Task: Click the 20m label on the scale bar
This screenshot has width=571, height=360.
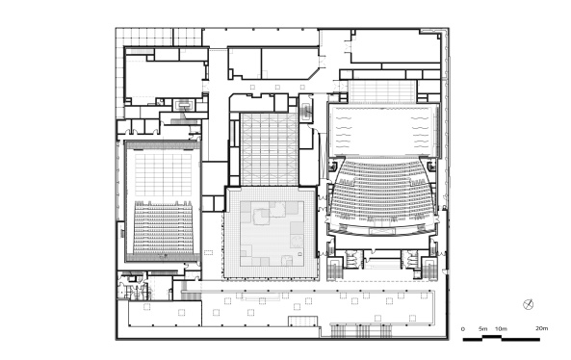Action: pyautogui.click(x=541, y=329)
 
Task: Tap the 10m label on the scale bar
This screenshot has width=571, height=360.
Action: pyautogui.click(x=501, y=329)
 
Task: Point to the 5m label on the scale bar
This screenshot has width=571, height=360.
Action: pyautogui.click(x=482, y=329)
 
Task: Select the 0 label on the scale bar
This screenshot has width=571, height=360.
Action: pyautogui.click(x=463, y=329)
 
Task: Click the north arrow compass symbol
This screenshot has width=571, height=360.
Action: pyautogui.click(x=528, y=305)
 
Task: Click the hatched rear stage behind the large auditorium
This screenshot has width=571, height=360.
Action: pyautogui.click(x=381, y=91)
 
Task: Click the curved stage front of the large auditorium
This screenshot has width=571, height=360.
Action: pyautogui.click(x=382, y=231)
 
